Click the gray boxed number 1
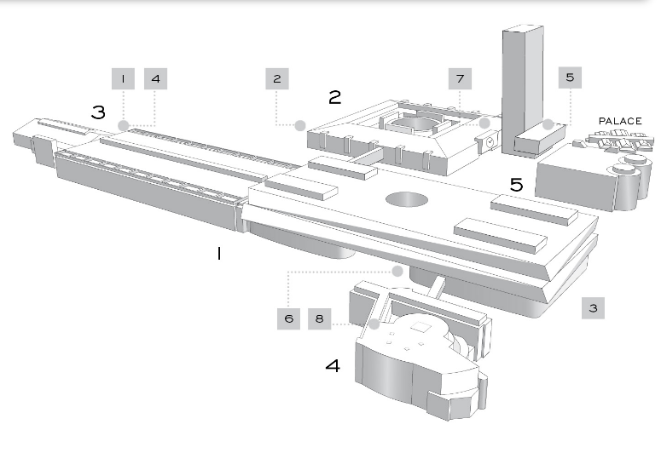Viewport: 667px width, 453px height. tap(124, 78)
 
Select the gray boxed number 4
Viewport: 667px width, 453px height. tap(156, 78)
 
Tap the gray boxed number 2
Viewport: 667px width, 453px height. tap(277, 78)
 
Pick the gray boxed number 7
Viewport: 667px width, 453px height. tap(461, 78)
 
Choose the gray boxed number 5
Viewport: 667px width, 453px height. tap(570, 77)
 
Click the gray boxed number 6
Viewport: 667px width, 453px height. tap(289, 318)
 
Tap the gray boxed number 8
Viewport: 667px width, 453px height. tap(320, 318)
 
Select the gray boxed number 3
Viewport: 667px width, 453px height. tap(593, 307)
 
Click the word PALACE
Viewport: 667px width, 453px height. tap(620, 121)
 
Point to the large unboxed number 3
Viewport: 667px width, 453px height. tap(98, 112)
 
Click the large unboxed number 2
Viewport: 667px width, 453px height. tap(334, 97)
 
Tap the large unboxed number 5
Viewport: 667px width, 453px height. tap(516, 184)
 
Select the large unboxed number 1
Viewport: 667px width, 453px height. tap(219, 254)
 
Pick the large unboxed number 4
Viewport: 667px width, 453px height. tap(333, 365)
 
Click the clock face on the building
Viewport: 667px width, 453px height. tap(490, 142)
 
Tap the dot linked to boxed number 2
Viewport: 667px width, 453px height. tap(300, 125)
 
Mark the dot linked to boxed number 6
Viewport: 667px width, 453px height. tap(397, 271)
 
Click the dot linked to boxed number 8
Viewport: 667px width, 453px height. tap(374, 324)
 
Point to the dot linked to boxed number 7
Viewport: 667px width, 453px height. tap(484, 123)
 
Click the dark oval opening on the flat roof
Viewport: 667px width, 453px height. tap(407, 199)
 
